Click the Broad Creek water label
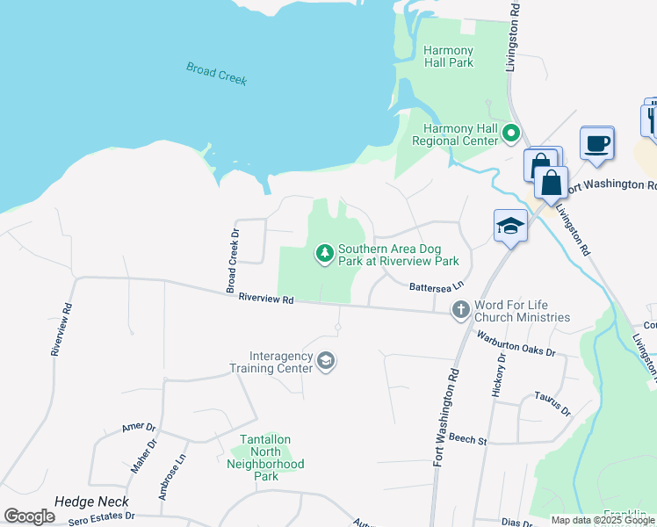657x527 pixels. point(216,73)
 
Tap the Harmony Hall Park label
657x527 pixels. point(448,56)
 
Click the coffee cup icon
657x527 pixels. point(596,143)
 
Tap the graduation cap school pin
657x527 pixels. point(509,226)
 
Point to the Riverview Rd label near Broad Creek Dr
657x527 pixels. point(264,299)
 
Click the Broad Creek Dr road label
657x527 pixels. point(232,261)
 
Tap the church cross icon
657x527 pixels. point(460,309)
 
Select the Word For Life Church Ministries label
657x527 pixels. point(522,311)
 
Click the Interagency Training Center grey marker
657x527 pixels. point(326,361)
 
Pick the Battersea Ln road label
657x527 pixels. point(436,286)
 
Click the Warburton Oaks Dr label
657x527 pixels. point(516,343)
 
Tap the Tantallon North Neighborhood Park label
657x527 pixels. point(266,458)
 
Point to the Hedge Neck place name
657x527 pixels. point(91,502)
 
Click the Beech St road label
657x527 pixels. point(467,438)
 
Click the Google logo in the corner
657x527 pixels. point(30,517)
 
